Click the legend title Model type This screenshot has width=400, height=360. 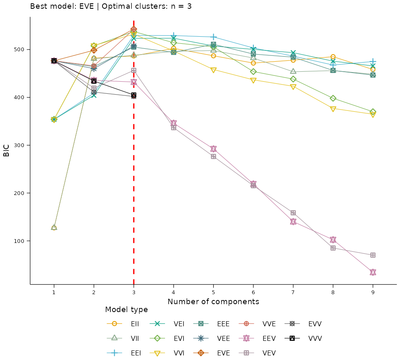point(126,310)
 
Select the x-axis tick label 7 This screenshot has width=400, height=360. point(293,292)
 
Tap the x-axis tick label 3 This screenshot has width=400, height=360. point(134,292)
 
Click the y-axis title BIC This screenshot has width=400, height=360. point(6,150)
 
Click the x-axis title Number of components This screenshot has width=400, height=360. point(213,301)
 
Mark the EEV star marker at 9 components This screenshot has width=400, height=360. point(373,272)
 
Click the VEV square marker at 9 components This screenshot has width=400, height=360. point(373,255)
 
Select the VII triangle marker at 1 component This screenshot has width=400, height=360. point(54,227)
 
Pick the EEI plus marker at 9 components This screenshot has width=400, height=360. point(373,61)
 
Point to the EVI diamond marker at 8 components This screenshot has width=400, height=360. point(333,98)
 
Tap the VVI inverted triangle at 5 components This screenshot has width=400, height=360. point(213,70)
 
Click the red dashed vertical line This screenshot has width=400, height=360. point(134,250)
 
